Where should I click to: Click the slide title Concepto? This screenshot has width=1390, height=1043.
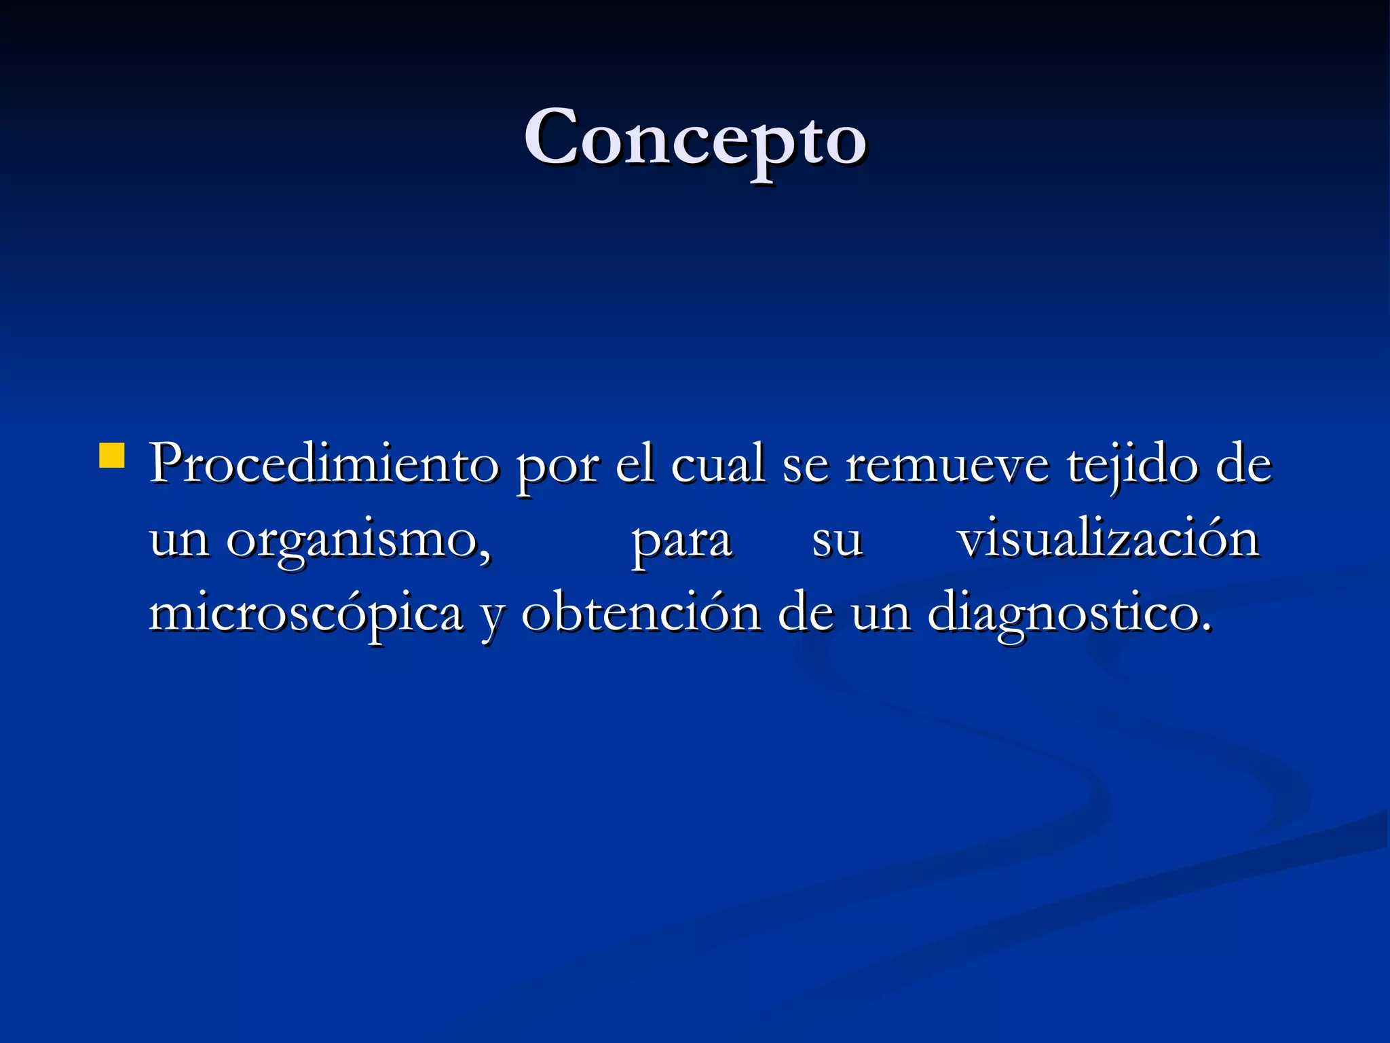(695, 139)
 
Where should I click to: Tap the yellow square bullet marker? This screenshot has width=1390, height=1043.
(112, 456)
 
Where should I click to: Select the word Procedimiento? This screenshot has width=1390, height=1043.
(324, 464)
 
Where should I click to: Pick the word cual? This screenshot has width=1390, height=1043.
(718, 464)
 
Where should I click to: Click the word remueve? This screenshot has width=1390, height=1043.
(947, 467)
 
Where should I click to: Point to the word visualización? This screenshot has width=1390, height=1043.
(1108, 539)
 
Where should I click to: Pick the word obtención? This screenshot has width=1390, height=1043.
(641, 612)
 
